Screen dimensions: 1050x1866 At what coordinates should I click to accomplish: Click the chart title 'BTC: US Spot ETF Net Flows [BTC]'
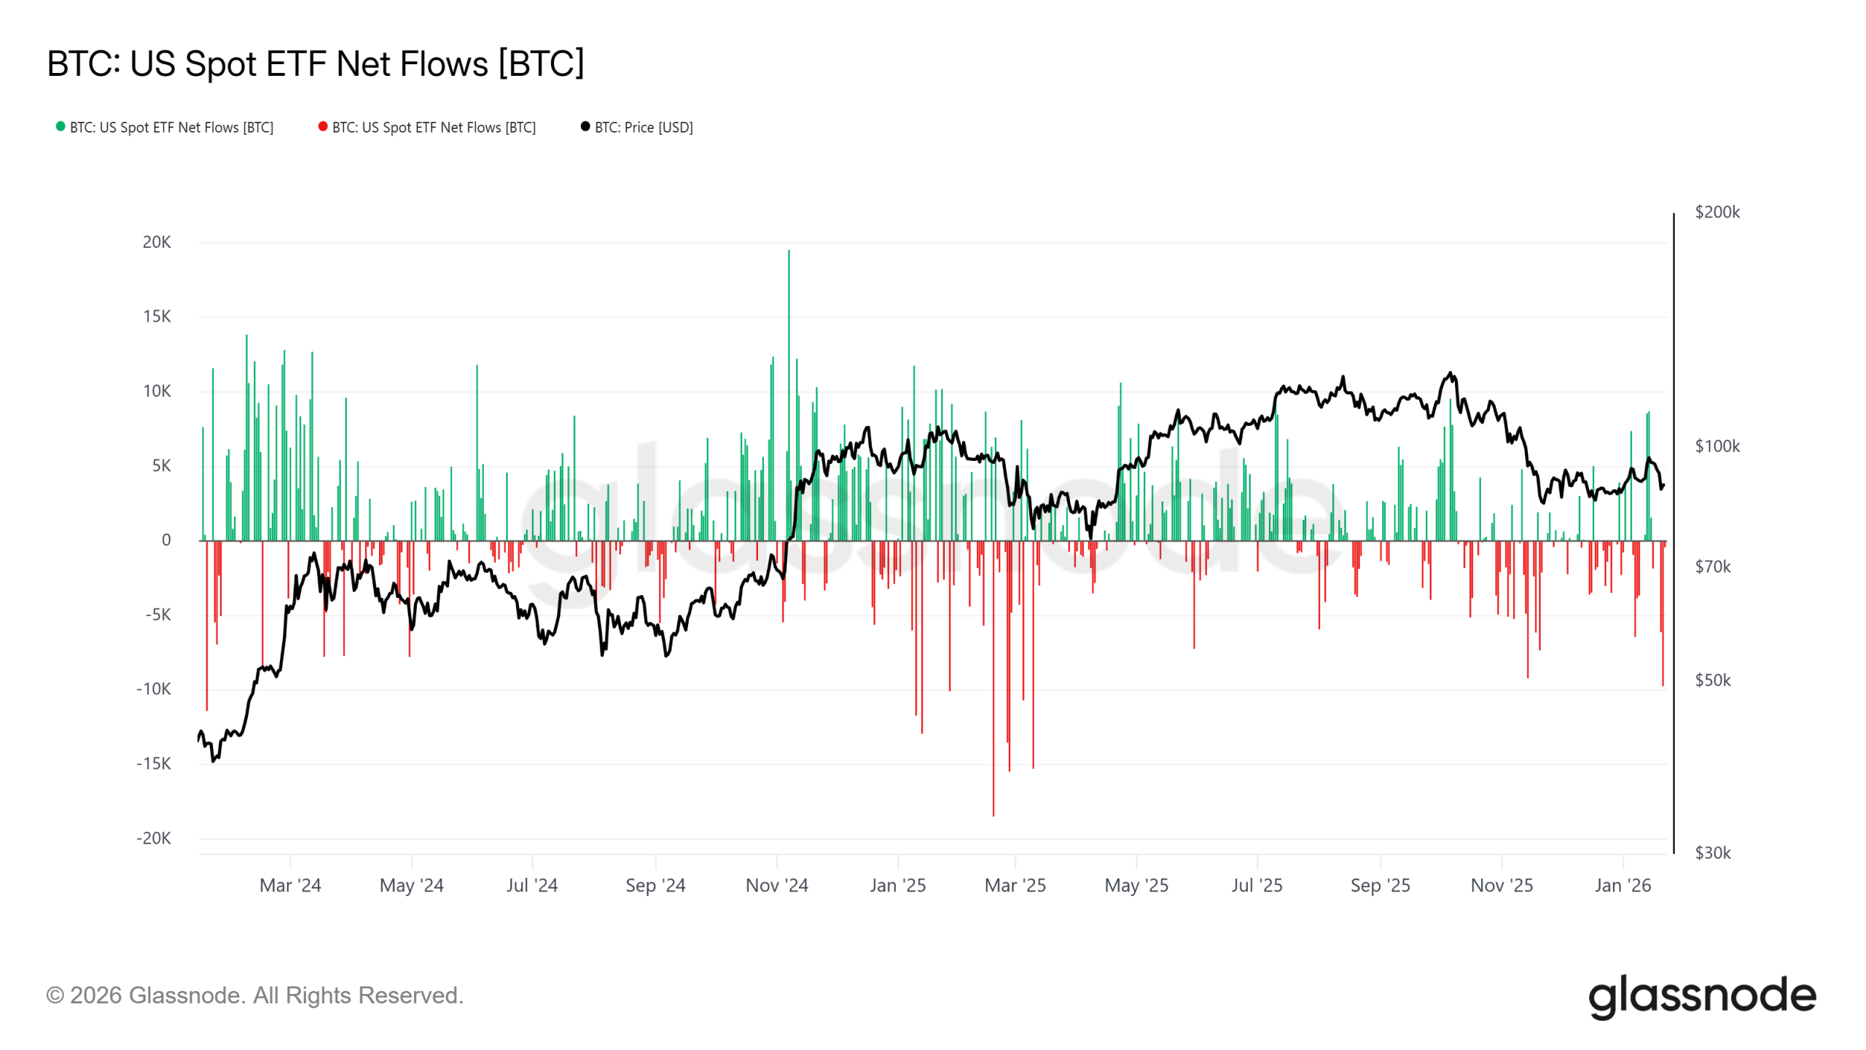point(315,63)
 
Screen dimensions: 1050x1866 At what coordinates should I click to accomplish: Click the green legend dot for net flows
point(60,126)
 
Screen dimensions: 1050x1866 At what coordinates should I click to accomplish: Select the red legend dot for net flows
point(323,126)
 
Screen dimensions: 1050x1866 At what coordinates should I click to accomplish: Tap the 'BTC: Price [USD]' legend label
point(643,128)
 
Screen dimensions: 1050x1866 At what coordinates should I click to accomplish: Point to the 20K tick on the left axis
point(157,242)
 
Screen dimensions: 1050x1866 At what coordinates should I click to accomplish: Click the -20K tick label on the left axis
point(153,838)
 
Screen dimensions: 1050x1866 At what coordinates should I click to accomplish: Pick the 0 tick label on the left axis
point(166,540)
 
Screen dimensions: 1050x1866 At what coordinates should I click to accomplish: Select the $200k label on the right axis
point(1717,212)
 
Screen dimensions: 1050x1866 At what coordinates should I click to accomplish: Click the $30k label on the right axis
point(1712,852)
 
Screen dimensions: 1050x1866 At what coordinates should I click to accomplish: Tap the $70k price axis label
point(1712,567)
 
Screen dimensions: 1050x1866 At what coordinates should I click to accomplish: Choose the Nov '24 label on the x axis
point(776,885)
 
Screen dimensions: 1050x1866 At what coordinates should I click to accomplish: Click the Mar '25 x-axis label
point(1015,885)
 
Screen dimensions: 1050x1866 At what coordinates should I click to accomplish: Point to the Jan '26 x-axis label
point(1623,885)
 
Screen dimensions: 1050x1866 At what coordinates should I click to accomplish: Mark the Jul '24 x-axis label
point(532,885)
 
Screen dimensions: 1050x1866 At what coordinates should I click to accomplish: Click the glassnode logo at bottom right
point(1701,996)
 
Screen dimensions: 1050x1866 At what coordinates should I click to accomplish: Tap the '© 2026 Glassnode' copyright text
point(254,995)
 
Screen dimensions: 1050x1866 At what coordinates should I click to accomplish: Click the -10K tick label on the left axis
point(153,689)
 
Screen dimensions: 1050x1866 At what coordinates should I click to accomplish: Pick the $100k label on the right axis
point(1717,446)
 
